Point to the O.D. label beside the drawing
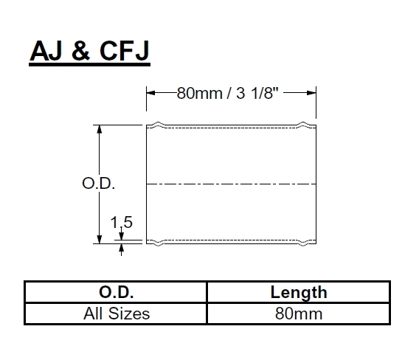[x=97, y=184]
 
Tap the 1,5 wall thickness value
[x=120, y=222]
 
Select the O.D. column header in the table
[x=115, y=292]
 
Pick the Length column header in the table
[x=299, y=292]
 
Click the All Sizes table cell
[x=115, y=314]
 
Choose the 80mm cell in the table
[x=299, y=314]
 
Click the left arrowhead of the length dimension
[x=150, y=93]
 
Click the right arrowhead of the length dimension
[x=313, y=93]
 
